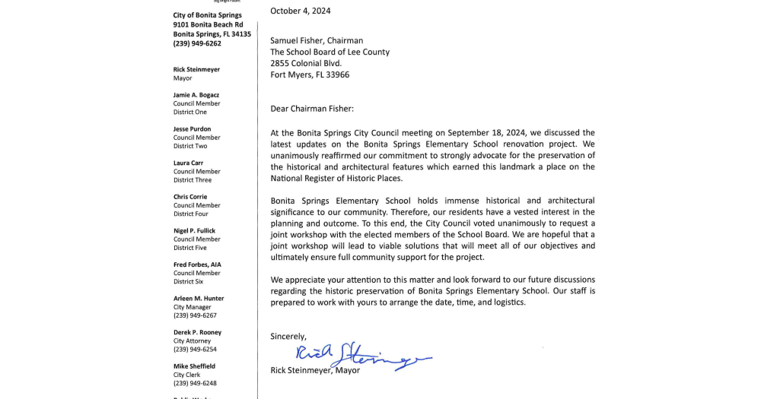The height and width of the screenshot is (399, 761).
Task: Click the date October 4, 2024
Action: pyautogui.click(x=301, y=11)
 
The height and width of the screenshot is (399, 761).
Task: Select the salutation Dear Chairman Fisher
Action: pyautogui.click(x=312, y=109)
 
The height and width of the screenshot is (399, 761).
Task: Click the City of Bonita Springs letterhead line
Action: pyautogui.click(x=207, y=15)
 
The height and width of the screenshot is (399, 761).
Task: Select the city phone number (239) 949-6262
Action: pyautogui.click(x=197, y=44)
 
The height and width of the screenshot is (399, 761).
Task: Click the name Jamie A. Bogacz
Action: pyautogui.click(x=196, y=95)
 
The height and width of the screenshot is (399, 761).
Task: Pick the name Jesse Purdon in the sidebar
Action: pyautogui.click(x=192, y=129)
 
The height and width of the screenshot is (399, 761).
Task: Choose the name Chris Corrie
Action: pyautogui.click(x=190, y=197)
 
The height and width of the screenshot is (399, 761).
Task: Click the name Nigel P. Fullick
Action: pyautogui.click(x=194, y=231)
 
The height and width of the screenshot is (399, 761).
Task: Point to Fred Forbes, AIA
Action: pyautogui.click(x=197, y=264)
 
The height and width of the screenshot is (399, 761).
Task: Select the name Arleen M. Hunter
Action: pyautogui.click(x=199, y=299)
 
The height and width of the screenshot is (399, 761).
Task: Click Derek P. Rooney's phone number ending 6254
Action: pyautogui.click(x=195, y=350)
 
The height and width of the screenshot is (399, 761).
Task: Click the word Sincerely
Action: pyautogui.click(x=288, y=337)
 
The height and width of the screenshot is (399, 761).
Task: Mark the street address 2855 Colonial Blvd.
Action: pyautogui.click(x=306, y=64)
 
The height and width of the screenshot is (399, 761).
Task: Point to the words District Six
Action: pyautogui.click(x=188, y=282)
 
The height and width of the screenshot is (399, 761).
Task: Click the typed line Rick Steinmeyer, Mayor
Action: pyautogui.click(x=315, y=371)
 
